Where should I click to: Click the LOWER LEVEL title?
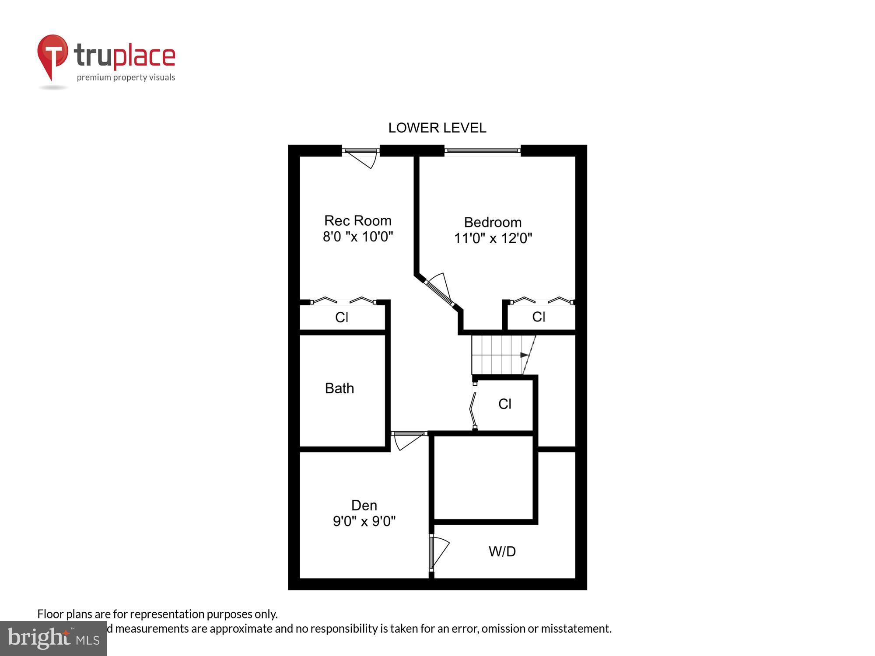coord(437,128)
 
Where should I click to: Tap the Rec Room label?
coord(357,220)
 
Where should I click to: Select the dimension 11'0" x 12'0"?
coord(493,238)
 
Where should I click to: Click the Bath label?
coord(339,388)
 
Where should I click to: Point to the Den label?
coord(364,506)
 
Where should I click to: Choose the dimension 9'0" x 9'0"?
coord(364,521)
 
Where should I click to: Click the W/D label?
coord(502,551)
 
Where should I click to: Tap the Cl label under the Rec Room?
coord(341,318)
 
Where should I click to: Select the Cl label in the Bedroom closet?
coord(539,317)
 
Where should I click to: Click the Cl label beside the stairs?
coord(504,404)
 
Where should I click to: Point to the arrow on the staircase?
coord(524,355)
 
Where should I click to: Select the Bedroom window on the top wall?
coord(482,151)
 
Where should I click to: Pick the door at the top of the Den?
coord(408,439)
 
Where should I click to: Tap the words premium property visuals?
coord(126,78)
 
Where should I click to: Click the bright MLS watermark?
coord(53,639)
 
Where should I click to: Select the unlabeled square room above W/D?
coord(483,478)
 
